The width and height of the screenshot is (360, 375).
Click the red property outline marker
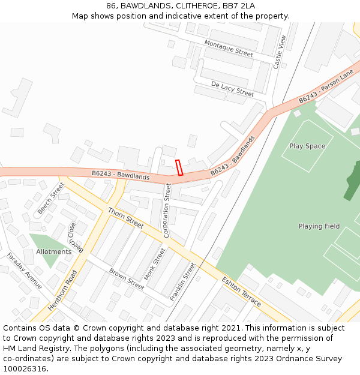[179, 167]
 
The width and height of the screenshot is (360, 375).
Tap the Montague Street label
[229, 48]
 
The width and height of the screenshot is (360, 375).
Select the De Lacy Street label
[233, 89]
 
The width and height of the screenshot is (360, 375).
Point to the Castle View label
[280, 51]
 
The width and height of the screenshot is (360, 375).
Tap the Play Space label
[307, 146]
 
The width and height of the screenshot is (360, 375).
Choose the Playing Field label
[319, 226]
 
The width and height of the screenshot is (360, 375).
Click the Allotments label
[54, 252]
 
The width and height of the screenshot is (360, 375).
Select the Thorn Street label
[126, 218]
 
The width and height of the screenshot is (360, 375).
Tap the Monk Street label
[155, 264]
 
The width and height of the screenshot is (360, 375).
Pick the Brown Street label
[127, 279]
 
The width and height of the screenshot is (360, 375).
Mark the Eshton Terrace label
[241, 292]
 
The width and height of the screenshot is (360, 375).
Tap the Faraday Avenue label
[25, 271]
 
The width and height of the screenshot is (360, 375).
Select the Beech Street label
[51, 198]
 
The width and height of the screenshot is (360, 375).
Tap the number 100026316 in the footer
[25, 369]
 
